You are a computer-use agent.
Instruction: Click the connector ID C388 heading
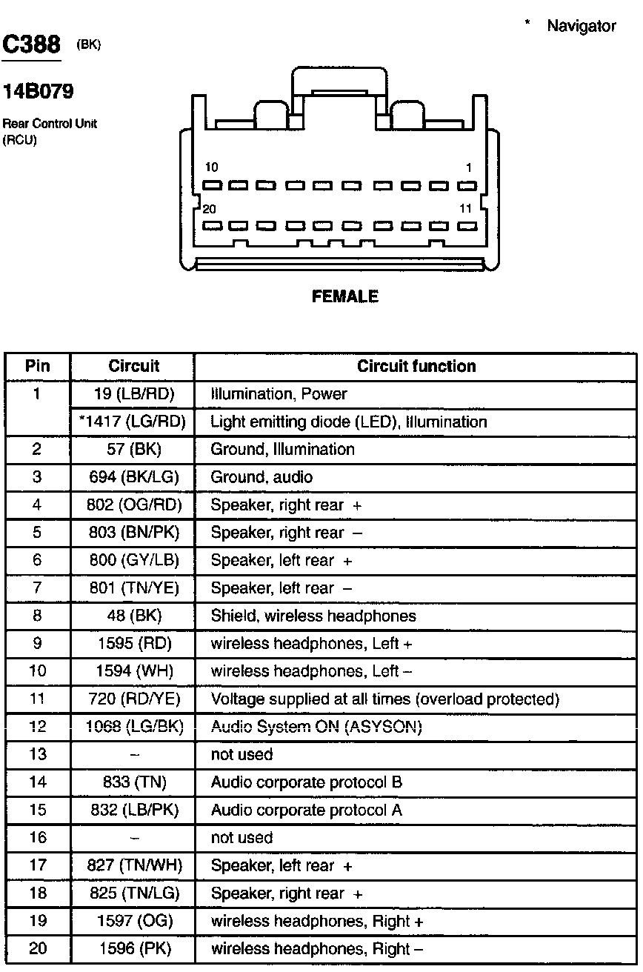pyautogui.click(x=31, y=46)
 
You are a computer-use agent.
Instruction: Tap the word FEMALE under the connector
pyautogui.click(x=345, y=296)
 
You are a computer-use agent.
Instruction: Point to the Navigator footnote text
pyautogui.click(x=581, y=27)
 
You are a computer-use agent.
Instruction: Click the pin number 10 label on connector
pyautogui.click(x=212, y=168)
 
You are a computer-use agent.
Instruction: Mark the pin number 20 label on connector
pyautogui.click(x=209, y=210)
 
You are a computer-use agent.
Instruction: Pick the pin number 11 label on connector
pyautogui.click(x=465, y=210)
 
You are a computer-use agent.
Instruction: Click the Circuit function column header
pyautogui.click(x=416, y=367)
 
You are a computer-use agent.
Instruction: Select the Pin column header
pyautogui.click(x=38, y=367)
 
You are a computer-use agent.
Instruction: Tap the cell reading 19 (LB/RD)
pyautogui.click(x=134, y=394)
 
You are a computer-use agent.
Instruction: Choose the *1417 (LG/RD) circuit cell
pyautogui.click(x=133, y=422)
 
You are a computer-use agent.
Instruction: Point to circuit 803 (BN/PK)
pyautogui.click(x=134, y=533)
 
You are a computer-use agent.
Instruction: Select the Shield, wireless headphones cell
pyautogui.click(x=313, y=616)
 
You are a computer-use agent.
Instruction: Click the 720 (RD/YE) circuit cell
pyautogui.click(x=134, y=699)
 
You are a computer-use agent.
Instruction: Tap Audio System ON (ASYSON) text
pyautogui.click(x=316, y=728)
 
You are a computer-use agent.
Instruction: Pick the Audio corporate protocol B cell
pyautogui.click(x=307, y=783)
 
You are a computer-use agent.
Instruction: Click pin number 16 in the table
pyautogui.click(x=38, y=838)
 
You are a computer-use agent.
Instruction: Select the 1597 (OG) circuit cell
pyautogui.click(x=134, y=922)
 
